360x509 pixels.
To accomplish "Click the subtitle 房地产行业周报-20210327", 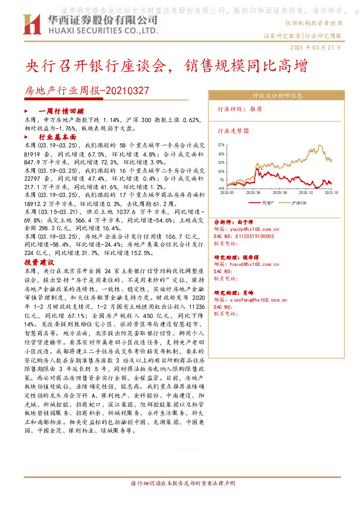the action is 86,91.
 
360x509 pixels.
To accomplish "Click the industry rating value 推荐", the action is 256,109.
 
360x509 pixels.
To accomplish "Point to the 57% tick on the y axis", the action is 221,145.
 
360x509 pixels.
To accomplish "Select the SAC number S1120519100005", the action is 248,236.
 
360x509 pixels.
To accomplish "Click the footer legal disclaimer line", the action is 179,484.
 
